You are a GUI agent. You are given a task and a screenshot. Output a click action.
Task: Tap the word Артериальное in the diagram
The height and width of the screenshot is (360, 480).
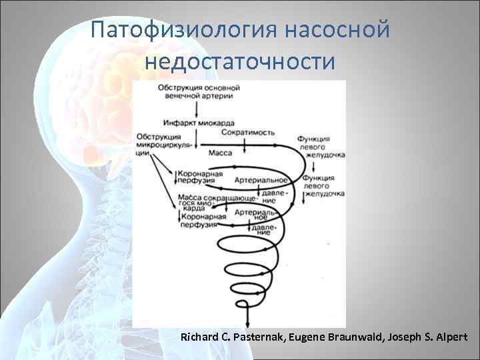(261, 181)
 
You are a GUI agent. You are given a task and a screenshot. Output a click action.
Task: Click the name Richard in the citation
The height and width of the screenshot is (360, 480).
(200, 338)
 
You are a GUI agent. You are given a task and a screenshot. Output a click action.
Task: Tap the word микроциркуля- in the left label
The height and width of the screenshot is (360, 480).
(163, 144)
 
